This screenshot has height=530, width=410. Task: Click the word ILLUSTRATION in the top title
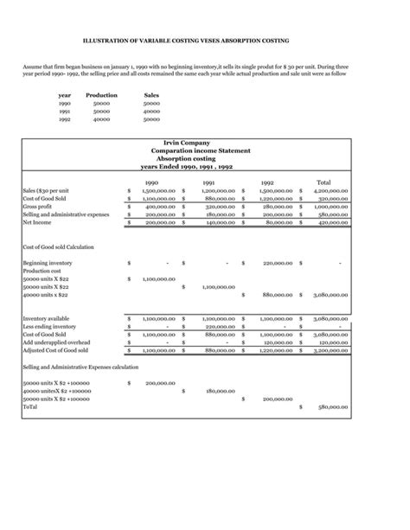[x=102, y=41]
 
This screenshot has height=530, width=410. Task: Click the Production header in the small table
[x=102, y=96]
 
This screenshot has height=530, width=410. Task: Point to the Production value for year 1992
[x=101, y=119]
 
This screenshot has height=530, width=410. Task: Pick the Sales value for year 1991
[x=151, y=112]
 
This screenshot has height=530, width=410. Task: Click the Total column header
[x=324, y=182]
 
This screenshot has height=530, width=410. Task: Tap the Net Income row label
[x=39, y=222]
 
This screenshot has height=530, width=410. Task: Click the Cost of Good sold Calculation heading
[x=58, y=246]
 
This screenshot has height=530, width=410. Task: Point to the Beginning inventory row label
[x=48, y=263]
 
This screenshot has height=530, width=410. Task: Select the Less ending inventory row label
[x=51, y=326]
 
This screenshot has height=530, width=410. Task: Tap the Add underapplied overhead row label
[x=58, y=342]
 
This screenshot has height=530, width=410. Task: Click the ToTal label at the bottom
[x=31, y=406]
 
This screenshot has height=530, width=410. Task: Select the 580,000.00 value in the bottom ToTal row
[x=330, y=406]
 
